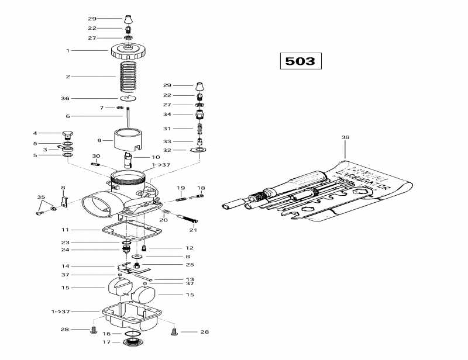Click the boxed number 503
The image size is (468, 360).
300,61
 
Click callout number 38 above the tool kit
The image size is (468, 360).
345,138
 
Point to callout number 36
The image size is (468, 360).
65,98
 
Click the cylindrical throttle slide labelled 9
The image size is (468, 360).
129,141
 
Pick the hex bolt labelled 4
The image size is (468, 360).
67,134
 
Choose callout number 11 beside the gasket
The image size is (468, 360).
65,230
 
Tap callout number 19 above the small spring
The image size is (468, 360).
181,188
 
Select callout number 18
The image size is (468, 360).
201,188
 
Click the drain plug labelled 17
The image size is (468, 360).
132,341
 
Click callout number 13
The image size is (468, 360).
189,279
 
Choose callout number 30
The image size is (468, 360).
96,156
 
